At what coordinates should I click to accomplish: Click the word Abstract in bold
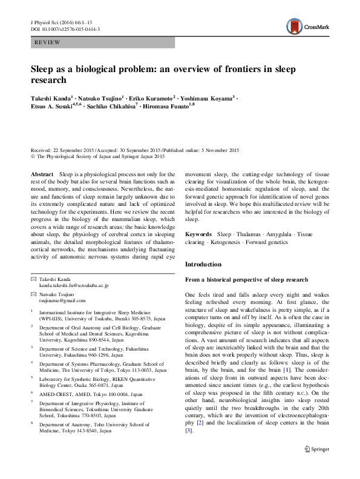point(42,174)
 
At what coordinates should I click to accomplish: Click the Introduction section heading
point(203,265)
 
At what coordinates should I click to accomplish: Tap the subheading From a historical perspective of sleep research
point(246,279)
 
